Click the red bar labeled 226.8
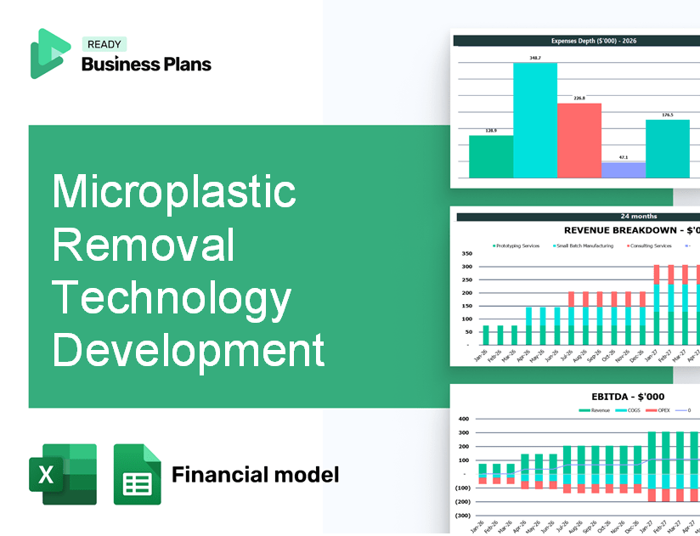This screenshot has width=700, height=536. [x=579, y=140]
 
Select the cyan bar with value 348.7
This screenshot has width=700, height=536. [x=535, y=120]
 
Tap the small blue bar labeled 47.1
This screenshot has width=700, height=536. [x=623, y=170]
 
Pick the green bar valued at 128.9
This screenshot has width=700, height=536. [x=491, y=156]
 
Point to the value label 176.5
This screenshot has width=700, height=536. [x=668, y=115]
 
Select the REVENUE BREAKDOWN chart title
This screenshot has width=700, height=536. [x=632, y=230]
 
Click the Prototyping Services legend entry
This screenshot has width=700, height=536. [x=516, y=246]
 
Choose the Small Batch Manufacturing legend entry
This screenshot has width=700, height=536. [x=586, y=246]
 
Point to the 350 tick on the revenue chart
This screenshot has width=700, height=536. [x=466, y=254]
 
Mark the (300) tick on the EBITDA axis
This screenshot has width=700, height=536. [x=462, y=516]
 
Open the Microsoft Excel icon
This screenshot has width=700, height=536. [x=63, y=474]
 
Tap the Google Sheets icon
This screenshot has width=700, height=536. [x=138, y=474]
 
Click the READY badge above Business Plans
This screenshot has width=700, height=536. [x=103, y=45]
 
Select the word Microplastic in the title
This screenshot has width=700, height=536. [x=174, y=193]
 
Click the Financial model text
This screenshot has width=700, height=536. [x=255, y=474]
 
